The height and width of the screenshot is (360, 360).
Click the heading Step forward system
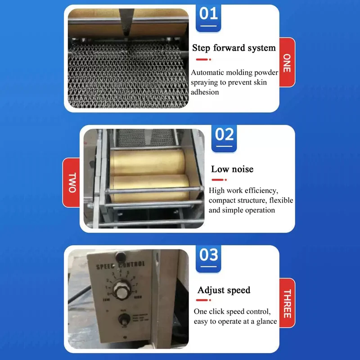[x=234, y=48]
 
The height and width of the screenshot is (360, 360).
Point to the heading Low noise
[x=232, y=169]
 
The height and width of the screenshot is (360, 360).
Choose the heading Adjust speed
[x=224, y=290]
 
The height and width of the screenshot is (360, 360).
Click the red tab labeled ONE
[x=287, y=63]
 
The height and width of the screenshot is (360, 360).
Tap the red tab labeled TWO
[x=72, y=182]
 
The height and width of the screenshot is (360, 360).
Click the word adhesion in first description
[x=205, y=92]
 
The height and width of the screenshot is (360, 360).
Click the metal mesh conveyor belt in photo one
[x=126, y=76]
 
